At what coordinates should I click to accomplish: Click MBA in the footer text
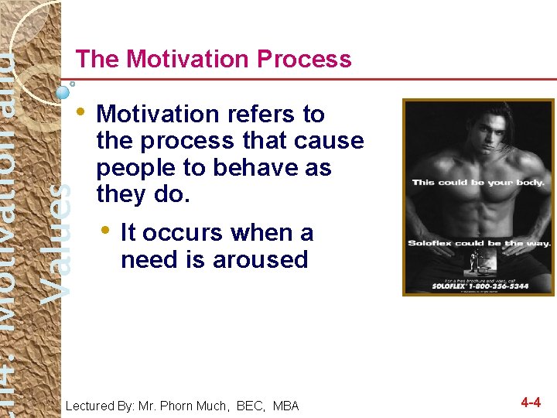pos(285,406)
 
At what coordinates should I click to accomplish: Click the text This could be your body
pos(478,183)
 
